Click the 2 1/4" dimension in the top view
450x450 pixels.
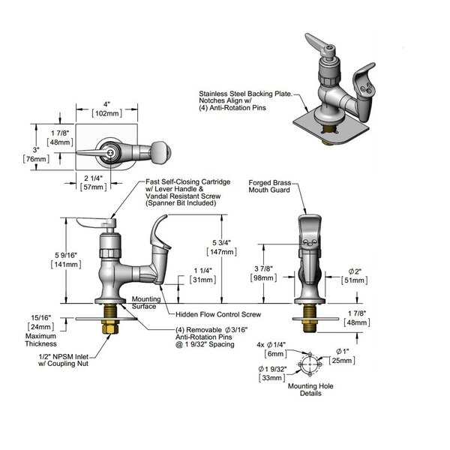pos(93,178)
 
